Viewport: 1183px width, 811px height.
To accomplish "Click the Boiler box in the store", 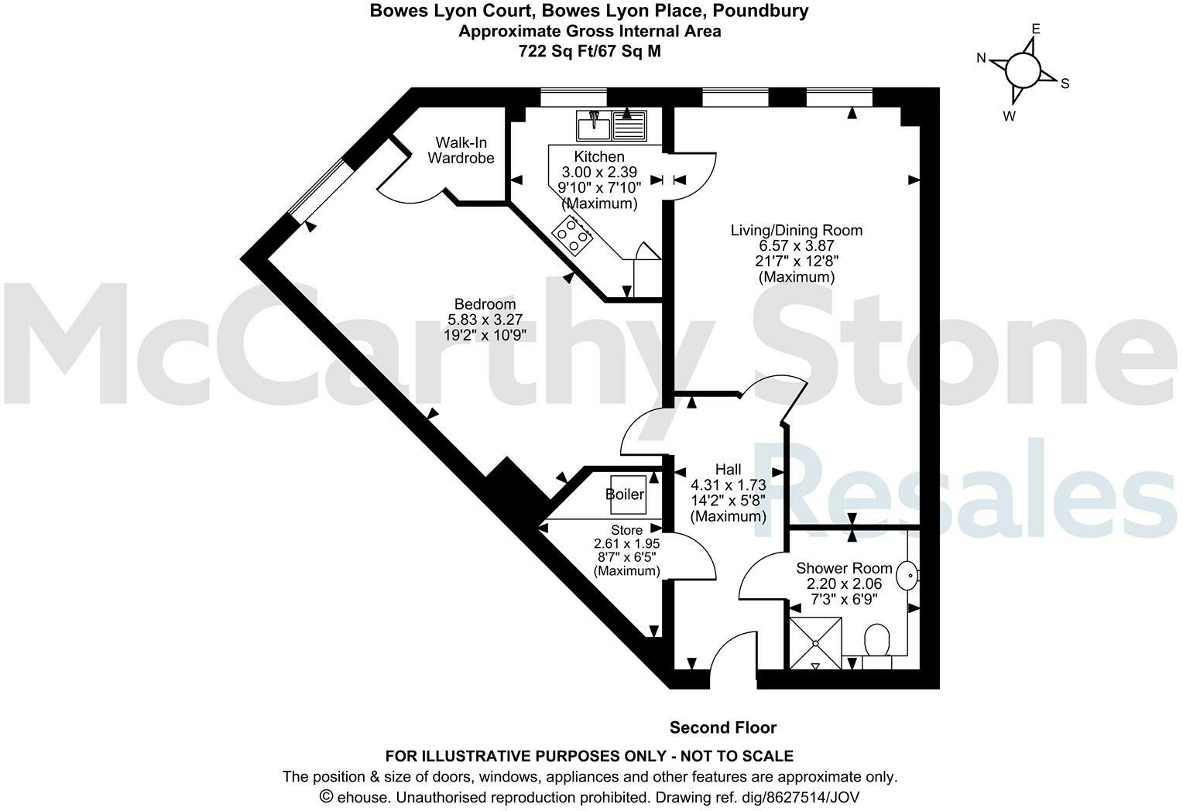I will [x=626, y=494].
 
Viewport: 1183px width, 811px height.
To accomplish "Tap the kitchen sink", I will [x=611, y=125].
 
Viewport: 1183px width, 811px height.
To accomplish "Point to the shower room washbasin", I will [x=907, y=575].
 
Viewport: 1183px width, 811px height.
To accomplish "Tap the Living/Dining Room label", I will [x=797, y=230].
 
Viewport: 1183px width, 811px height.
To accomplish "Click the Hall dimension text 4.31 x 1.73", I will [x=728, y=485].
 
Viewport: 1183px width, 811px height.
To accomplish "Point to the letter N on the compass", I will [x=981, y=58].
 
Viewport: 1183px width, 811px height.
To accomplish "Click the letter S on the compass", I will [x=1065, y=84].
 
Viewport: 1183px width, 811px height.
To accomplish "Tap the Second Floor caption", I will [x=722, y=727].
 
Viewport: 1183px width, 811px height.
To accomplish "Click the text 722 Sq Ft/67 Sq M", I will [x=590, y=51].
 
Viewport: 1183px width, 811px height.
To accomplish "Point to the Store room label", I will [x=626, y=530].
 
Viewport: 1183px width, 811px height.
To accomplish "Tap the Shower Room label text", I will [x=844, y=568].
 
